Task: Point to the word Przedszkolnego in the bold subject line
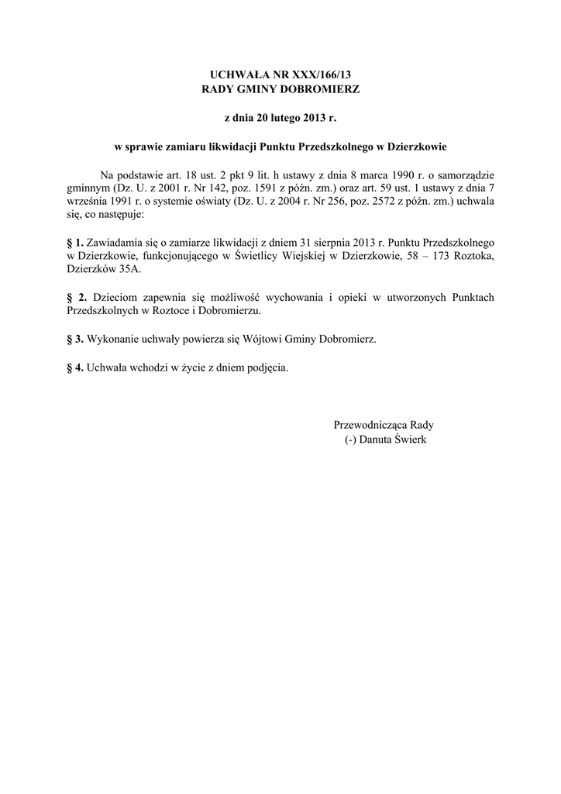[334, 147]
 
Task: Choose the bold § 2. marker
[77, 298]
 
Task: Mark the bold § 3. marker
[75, 339]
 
